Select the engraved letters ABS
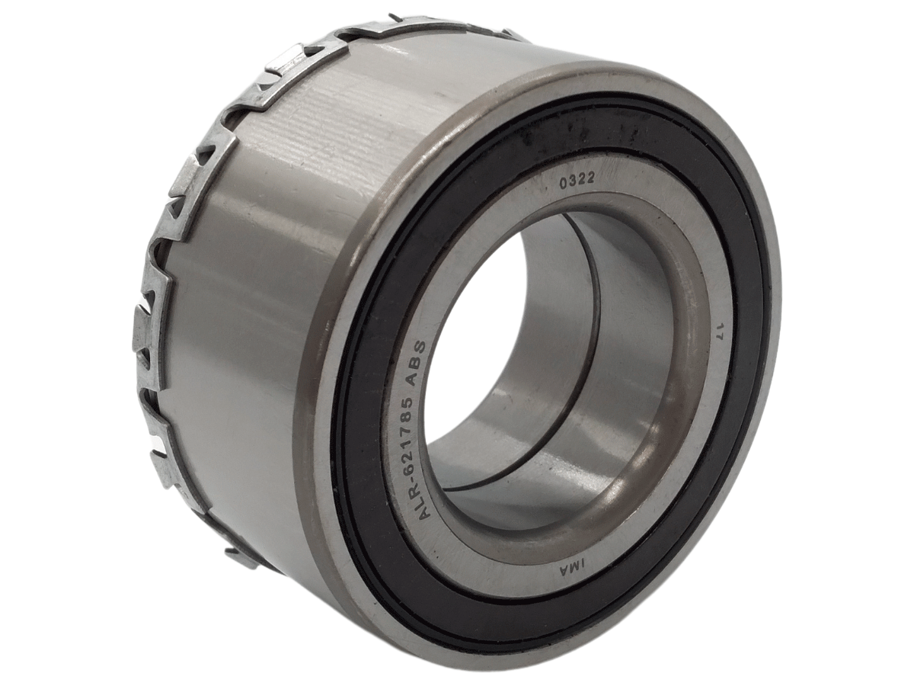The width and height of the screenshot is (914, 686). (418, 352)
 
